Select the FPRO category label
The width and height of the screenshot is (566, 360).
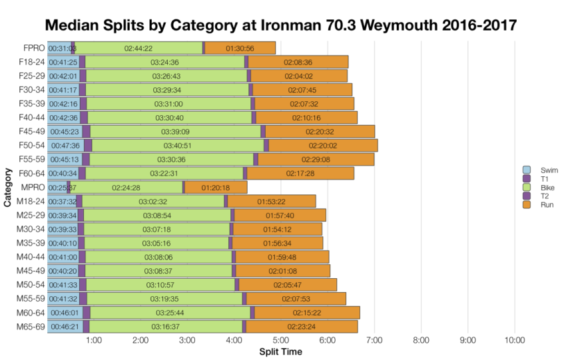click(31, 48)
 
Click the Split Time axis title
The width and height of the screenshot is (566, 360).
click(280, 351)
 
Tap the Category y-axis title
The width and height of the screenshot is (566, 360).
click(7, 188)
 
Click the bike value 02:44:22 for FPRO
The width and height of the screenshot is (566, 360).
click(139, 48)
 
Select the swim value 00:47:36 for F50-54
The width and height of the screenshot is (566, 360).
click(64, 146)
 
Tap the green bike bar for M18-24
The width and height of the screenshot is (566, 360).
click(152, 202)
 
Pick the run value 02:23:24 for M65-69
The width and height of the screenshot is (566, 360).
click(301, 327)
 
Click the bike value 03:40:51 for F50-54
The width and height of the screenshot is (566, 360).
click(177, 146)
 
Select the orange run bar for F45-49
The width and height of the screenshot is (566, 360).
click(320, 132)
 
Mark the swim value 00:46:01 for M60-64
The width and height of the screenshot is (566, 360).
click(63, 313)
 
